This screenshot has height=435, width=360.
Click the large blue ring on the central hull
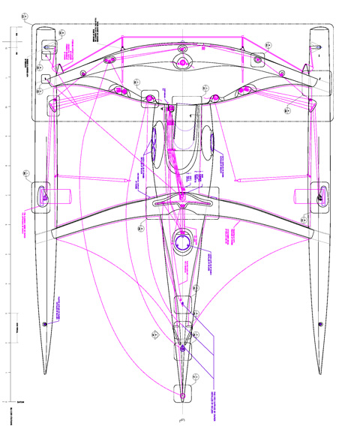coord(181,244)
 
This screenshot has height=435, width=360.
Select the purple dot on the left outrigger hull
coord(44,322)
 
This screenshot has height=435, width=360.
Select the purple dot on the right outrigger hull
coord(320,322)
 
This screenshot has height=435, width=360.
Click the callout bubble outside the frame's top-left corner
coord(25,16)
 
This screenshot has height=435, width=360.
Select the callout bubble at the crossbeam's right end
coord(303,218)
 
